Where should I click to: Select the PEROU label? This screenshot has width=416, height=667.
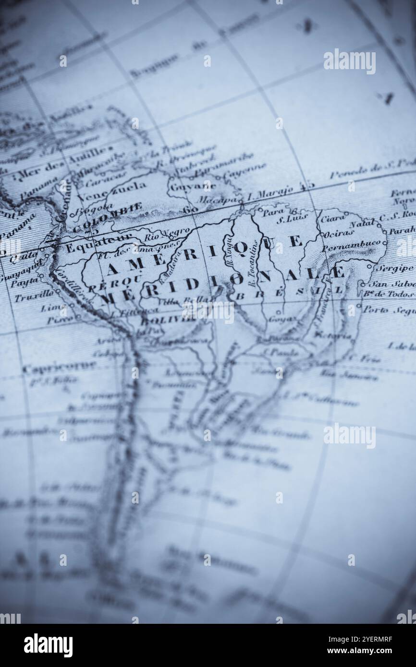114,282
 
